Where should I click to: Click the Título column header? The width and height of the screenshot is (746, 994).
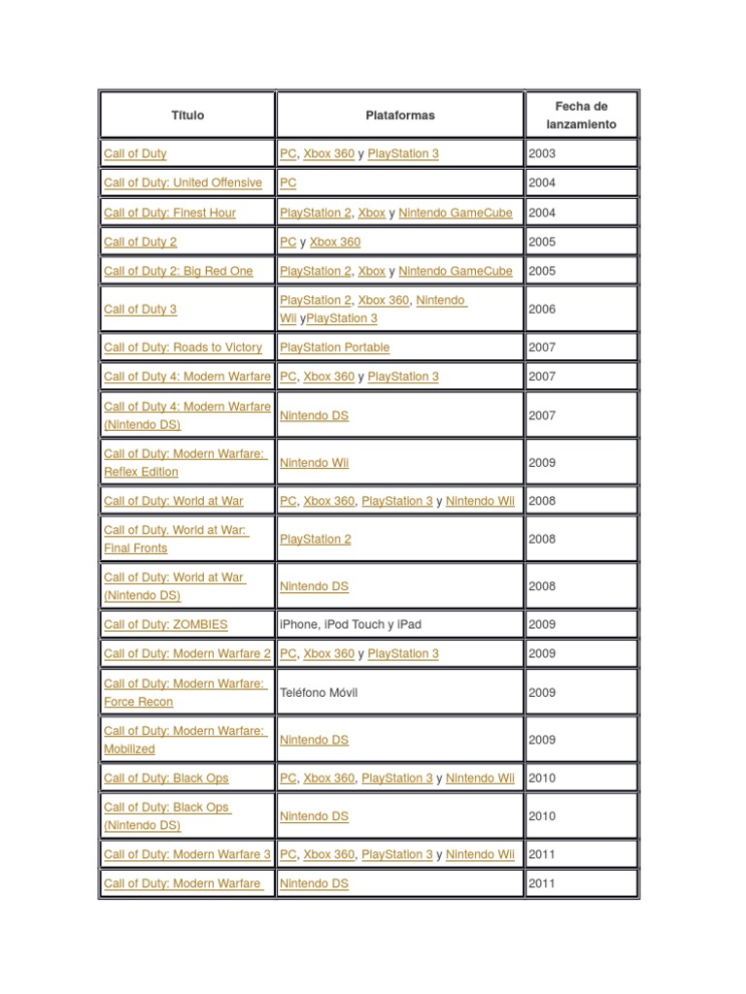187,115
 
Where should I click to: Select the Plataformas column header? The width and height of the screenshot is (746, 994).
400,115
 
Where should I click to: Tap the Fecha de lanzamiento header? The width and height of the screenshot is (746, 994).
581,115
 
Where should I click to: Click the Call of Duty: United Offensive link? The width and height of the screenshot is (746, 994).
183,182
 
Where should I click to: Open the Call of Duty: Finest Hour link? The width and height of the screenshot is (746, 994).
170,213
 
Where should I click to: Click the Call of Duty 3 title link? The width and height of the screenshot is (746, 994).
140,309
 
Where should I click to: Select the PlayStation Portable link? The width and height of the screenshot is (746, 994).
334,347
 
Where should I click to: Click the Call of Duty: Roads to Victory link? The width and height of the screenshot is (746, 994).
183,347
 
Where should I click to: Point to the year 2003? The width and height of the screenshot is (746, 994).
543,153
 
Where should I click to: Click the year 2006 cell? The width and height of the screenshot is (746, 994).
543,309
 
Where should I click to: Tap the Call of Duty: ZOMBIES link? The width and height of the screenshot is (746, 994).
166,624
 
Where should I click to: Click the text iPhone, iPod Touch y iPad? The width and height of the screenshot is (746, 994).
351,624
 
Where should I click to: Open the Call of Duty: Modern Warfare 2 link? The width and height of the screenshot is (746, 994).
187,653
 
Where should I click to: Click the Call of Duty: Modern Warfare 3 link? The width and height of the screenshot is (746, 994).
187,854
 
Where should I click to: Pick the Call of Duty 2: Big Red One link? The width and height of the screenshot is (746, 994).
178,271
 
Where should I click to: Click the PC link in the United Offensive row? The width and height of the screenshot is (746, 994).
288,182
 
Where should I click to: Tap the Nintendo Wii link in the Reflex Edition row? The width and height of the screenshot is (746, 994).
314,462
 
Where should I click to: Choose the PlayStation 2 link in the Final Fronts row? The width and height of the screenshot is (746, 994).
316,539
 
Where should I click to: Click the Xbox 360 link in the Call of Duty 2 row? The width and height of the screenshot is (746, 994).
335,242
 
